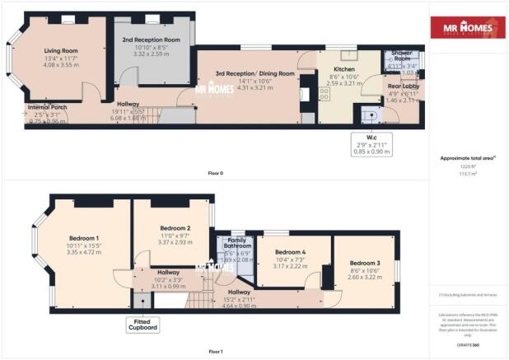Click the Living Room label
click(60, 50)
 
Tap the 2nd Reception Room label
click(152, 40)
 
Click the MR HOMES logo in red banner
click(469, 30)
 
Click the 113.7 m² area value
click(469, 174)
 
